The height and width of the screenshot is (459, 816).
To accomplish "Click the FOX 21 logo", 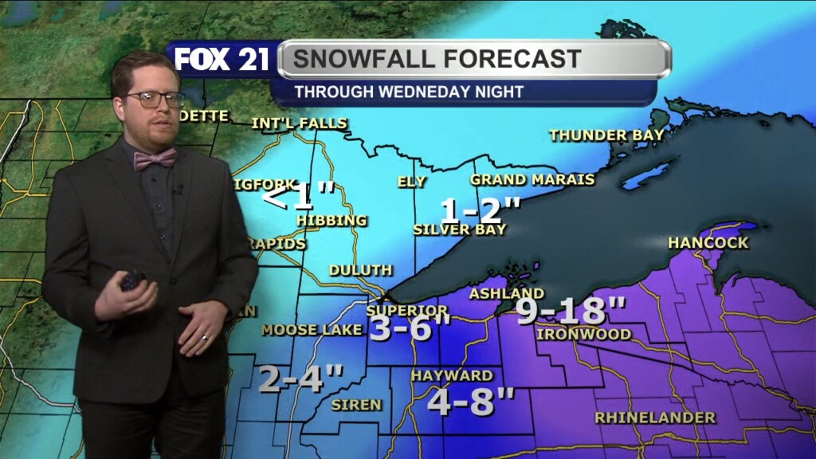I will click(x=222, y=61).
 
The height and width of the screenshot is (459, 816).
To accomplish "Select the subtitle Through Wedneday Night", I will click(x=409, y=92).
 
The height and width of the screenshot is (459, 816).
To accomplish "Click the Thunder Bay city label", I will click(x=606, y=135).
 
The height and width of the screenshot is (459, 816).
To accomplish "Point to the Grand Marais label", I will click(x=532, y=179).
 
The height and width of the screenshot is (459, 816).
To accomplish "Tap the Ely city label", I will click(x=412, y=182).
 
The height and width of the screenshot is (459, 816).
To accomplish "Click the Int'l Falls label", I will click(x=299, y=124).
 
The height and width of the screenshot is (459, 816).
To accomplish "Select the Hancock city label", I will click(x=708, y=242).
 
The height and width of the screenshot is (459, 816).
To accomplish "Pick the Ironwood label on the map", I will click(x=584, y=334).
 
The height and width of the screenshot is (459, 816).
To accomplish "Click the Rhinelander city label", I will click(x=655, y=417).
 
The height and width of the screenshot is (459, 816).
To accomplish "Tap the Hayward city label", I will click(x=452, y=375).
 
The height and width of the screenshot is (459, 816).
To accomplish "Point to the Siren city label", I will click(x=356, y=405).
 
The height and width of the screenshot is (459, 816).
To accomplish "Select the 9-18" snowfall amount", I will click(x=570, y=310).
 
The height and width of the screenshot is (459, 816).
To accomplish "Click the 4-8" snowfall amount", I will click(x=471, y=401).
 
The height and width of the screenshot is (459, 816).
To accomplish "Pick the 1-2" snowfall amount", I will click(x=481, y=211).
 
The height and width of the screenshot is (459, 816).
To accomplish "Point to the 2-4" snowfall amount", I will click(x=301, y=379).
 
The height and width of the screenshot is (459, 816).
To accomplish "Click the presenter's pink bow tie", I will click(x=155, y=159).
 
